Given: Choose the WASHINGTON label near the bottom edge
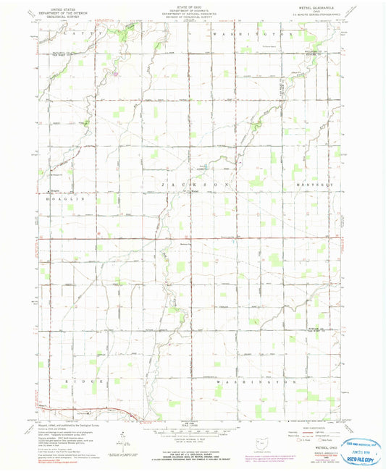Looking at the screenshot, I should pyautogui.click(x=255, y=380).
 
